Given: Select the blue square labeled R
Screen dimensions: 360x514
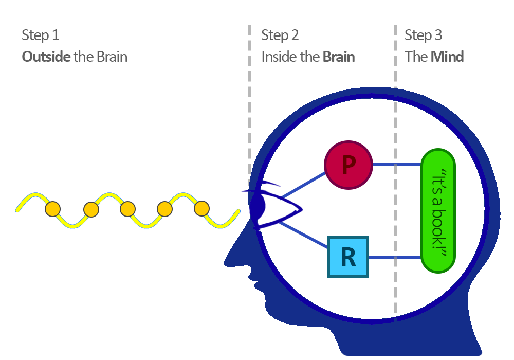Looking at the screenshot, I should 348,257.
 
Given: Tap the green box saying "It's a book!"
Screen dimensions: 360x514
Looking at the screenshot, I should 438,211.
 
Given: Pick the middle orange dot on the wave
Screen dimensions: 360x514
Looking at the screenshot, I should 127,209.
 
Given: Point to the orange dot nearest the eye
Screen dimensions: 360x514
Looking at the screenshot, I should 201,208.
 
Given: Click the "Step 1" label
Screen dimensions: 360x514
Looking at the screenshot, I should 40,35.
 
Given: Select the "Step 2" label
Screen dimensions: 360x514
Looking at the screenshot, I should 280,35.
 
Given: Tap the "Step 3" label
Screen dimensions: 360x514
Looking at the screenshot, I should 423,35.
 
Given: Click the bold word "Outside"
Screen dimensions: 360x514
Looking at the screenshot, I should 46,56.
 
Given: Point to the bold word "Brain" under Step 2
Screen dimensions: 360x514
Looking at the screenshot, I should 339,56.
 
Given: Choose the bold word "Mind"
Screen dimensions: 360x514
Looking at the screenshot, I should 447,56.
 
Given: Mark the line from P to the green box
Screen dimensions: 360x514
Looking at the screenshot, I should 396,165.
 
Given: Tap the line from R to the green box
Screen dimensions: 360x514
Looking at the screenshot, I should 395,257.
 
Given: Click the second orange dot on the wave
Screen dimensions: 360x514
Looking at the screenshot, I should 90,209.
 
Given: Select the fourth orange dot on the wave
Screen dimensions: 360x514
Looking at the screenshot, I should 164,209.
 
